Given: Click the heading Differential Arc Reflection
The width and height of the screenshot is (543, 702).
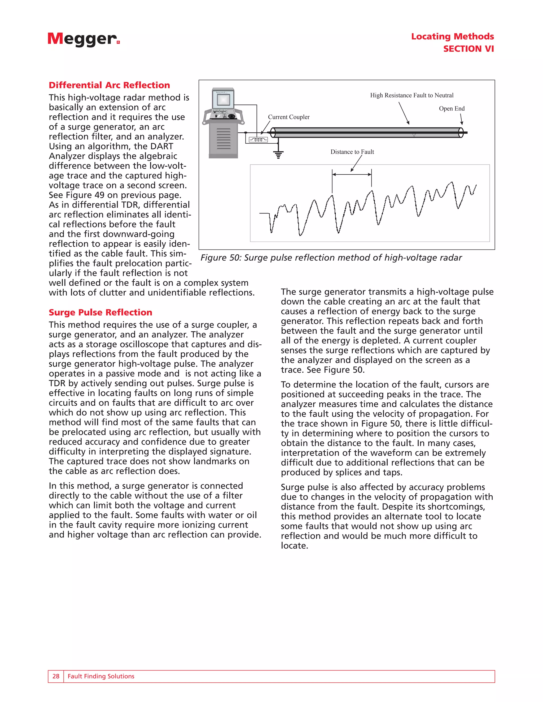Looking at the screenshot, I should click(110, 85).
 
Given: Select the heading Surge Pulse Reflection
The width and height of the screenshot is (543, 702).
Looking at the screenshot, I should click(100, 312).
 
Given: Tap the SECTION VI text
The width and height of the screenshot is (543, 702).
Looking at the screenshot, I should click(468, 49).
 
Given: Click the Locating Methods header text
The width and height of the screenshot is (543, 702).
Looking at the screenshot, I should click(452, 36).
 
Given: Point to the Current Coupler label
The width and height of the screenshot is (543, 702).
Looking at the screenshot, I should click(288, 117).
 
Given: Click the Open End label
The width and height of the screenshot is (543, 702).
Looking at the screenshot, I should click(452, 109).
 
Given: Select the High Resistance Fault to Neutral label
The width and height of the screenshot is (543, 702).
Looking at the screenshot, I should click(411, 95).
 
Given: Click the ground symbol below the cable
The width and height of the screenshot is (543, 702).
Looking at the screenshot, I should click(278, 155).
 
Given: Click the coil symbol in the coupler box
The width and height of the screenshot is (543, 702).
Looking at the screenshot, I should click(258, 140).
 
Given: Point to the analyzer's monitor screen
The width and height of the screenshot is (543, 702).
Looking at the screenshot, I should click(223, 100).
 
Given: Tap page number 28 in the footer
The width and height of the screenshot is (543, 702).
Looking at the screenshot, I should click(56, 676).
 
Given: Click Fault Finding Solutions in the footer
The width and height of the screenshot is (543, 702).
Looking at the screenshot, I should click(101, 676).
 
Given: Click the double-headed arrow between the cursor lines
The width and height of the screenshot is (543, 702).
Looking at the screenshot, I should click(352, 175).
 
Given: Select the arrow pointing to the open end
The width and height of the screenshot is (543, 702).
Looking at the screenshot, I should click(461, 119).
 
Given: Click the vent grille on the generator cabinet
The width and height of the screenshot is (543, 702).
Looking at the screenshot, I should click(224, 138).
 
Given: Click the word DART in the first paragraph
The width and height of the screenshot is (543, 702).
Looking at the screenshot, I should click(160, 146).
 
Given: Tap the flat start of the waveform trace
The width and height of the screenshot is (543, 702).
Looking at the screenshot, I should click(264, 213).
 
